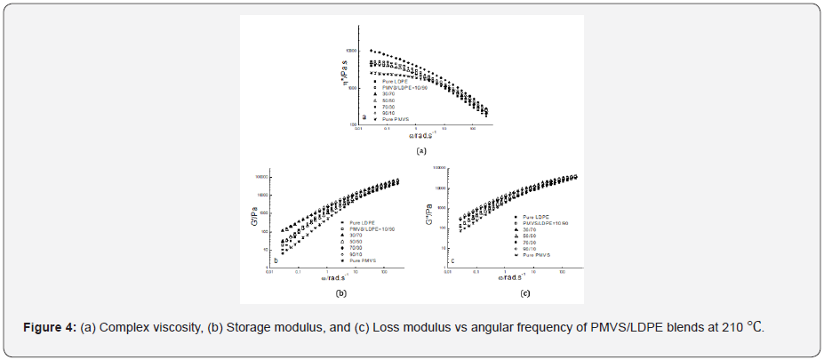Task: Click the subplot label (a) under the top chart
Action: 421,151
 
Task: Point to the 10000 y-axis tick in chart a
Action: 351,51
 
